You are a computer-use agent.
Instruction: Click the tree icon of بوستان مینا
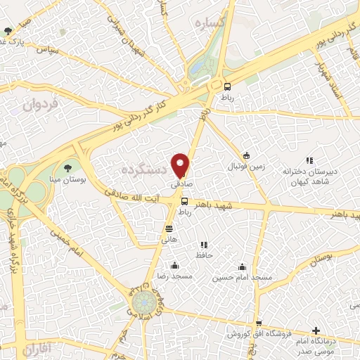pyautogui.click(x=68, y=167)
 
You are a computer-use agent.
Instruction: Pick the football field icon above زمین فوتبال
pyautogui.click(x=246, y=155)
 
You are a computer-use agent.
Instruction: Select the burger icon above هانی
pyautogui.click(x=169, y=229)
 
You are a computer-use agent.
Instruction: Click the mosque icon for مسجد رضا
pyautogui.click(x=174, y=266)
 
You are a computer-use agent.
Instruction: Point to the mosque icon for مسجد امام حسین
pyautogui.click(x=243, y=266)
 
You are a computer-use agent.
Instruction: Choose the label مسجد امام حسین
pyautogui.click(x=243, y=278)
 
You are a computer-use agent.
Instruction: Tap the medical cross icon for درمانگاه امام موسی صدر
pyautogui.click(x=316, y=330)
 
